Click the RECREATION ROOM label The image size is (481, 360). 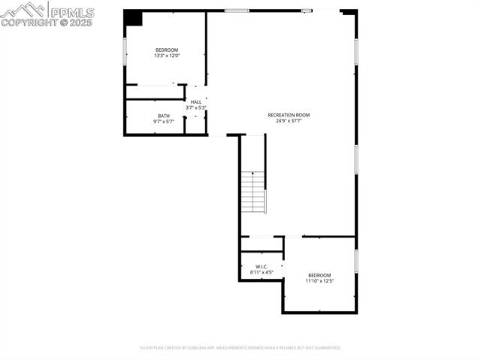click(289, 115)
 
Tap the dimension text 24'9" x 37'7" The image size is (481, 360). click(289, 120)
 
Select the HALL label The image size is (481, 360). click(196, 102)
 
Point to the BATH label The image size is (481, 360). click(164, 116)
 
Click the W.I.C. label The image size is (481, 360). click(262, 267)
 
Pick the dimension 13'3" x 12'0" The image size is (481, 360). click(167, 56)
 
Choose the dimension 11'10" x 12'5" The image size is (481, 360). click(319, 281)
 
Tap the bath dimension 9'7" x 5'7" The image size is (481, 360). click(164, 121)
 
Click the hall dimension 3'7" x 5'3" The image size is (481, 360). click(196, 107)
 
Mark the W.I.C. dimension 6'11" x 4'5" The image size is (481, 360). click(262, 272)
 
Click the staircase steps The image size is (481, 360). click(254, 192)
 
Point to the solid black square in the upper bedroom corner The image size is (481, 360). click(133, 18)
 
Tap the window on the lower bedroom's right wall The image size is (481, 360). click(355, 260)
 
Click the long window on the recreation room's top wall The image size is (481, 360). click(237, 11)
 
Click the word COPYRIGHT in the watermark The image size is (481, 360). click(31, 23)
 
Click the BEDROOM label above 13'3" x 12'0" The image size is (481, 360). click(167, 50)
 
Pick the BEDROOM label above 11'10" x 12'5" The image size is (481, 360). click(319, 276)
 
